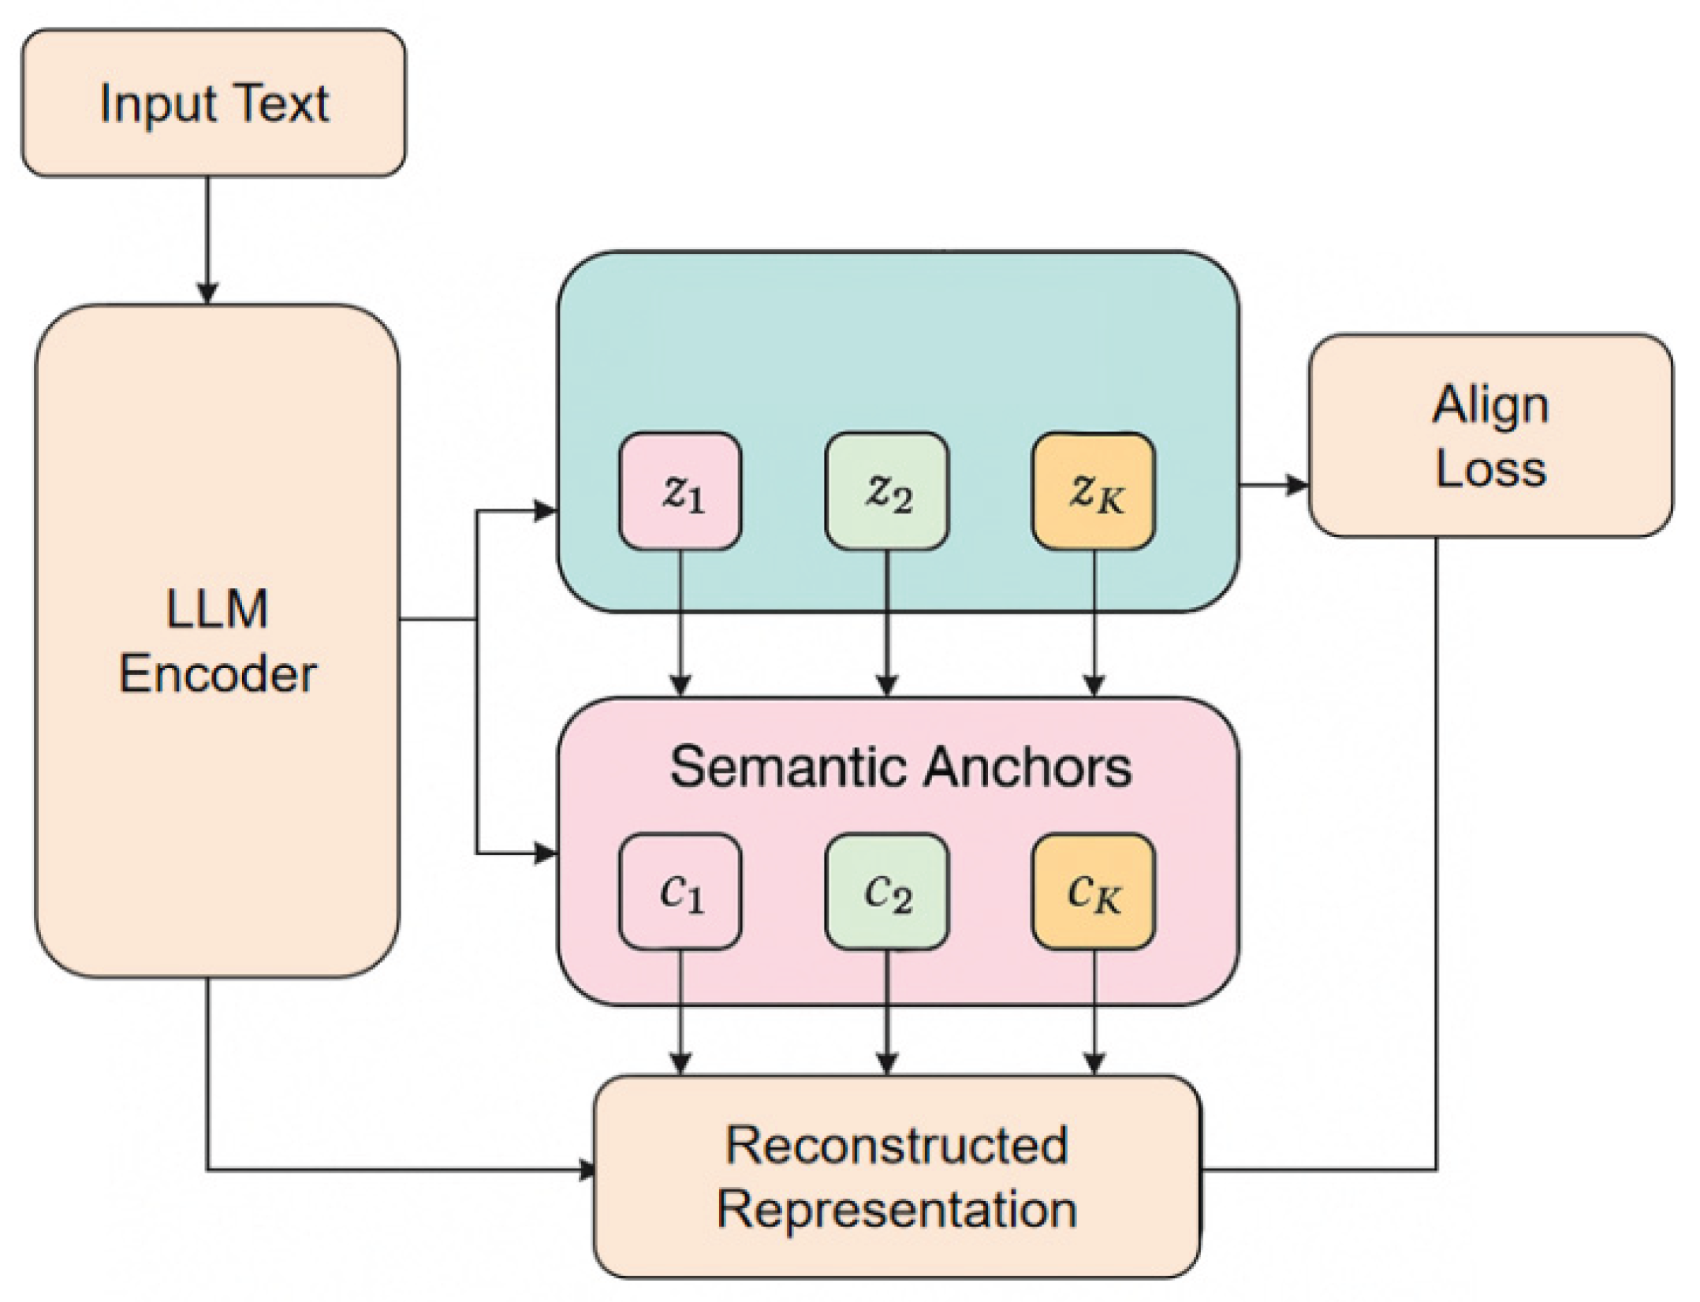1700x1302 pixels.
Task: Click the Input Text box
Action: click(x=213, y=103)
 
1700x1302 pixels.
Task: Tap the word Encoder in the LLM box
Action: click(x=217, y=675)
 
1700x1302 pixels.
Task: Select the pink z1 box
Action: click(x=680, y=491)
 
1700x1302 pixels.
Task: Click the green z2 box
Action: click(x=887, y=491)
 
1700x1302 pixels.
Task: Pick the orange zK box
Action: click(x=1094, y=491)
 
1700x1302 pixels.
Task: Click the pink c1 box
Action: click(x=680, y=892)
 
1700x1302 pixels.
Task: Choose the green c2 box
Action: click(x=887, y=892)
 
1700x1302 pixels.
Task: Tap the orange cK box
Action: click(x=1094, y=892)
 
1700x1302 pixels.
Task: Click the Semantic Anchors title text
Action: click(x=900, y=767)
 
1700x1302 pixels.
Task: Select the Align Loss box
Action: click(x=1489, y=436)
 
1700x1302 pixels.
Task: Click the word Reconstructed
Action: click(x=897, y=1145)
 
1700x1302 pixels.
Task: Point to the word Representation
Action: click(x=897, y=1209)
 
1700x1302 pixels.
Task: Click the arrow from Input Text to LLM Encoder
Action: click(x=207, y=237)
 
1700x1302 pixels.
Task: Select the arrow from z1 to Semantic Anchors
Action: click(x=680, y=623)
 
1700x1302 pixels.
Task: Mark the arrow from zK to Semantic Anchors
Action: click(x=1094, y=623)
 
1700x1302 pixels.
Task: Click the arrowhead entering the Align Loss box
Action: click(x=1296, y=484)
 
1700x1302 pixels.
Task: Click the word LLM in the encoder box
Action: click(x=217, y=610)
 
